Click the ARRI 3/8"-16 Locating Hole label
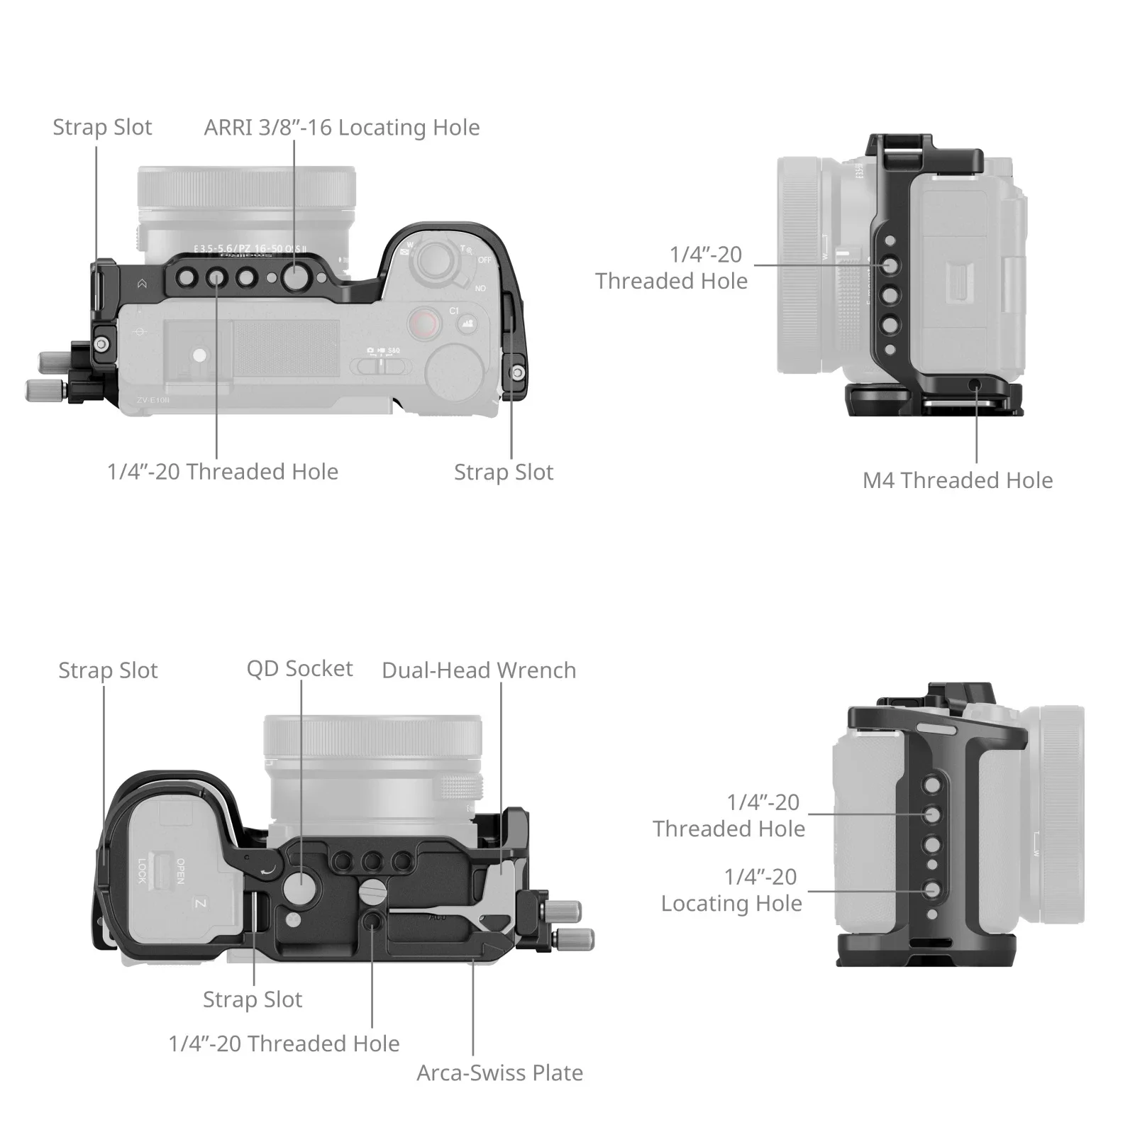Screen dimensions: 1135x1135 point(341,128)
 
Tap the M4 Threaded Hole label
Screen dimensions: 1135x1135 point(957,480)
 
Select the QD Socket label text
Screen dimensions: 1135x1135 point(299,668)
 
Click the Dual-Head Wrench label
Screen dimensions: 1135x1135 point(479,670)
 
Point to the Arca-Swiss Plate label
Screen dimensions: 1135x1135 point(499,1073)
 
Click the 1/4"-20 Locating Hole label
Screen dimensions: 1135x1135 point(731,890)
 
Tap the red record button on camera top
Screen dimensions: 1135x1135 point(423,323)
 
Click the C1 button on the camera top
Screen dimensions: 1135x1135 point(454,311)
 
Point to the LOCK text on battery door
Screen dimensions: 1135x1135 point(142,870)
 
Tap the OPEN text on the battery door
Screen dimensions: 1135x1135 point(181,870)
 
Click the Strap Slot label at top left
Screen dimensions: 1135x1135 point(102,128)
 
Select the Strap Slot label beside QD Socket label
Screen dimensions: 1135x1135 point(108,670)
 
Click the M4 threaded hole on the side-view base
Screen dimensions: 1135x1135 point(976,384)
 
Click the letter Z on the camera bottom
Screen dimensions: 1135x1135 point(200,904)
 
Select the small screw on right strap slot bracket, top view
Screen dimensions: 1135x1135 point(519,372)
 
